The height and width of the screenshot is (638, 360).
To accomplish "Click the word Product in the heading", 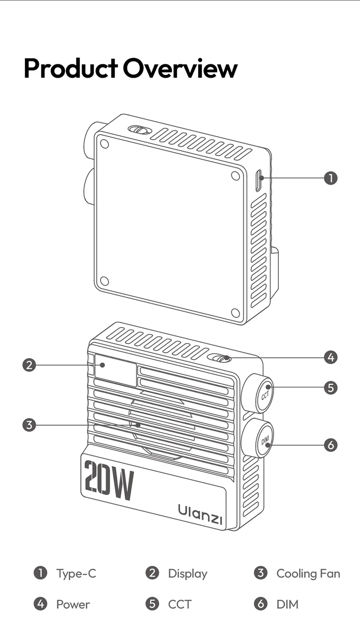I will pyautogui.click(x=71, y=68).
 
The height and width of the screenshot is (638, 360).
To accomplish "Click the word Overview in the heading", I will pyautogui.click(x=180, y=68).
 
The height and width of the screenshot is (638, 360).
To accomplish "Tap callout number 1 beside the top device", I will pyautogui.click(x=331, y=178).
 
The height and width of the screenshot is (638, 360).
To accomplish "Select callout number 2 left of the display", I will pyautogui.click(x=29, y=365).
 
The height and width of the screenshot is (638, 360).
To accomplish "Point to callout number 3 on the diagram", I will pyautogui.click(x=29, y=425).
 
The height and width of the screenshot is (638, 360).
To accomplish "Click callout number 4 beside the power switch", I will pyautogui.click(x=331, y=357).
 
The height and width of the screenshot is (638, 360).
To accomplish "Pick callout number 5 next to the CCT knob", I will pyautogui.click(x=331, y=388).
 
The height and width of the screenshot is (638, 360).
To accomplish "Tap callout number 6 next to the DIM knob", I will pyautogui.click(x=331, y=445).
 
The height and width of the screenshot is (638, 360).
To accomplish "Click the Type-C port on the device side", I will pyautogui.click(x=259, y=181).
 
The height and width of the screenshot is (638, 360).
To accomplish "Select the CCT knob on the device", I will pyautogui.click(x=263, y=395).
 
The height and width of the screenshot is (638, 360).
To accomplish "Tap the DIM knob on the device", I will pyautogui.click(x=264, y=439).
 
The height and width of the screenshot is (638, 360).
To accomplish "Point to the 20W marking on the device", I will pyautogui.click(x=108, y=481).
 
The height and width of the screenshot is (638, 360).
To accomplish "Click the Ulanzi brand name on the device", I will pyautogui.click(x=200, y=512).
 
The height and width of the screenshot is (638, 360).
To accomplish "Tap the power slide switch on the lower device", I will pyautogui.click(x=221, y=358).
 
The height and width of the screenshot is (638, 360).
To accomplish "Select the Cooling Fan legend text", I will pyautogui.click(x=308, y=573).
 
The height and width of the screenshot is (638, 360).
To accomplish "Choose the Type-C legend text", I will pyautogui.click(x=76, y=573).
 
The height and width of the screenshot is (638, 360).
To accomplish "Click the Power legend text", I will pyautogui.click(x=73, y=604).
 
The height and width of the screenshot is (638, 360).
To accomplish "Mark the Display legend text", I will pyautogui.click(x=188, y=573).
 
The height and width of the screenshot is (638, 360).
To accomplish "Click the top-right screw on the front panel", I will pyautogui.click(x=235, y=176).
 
